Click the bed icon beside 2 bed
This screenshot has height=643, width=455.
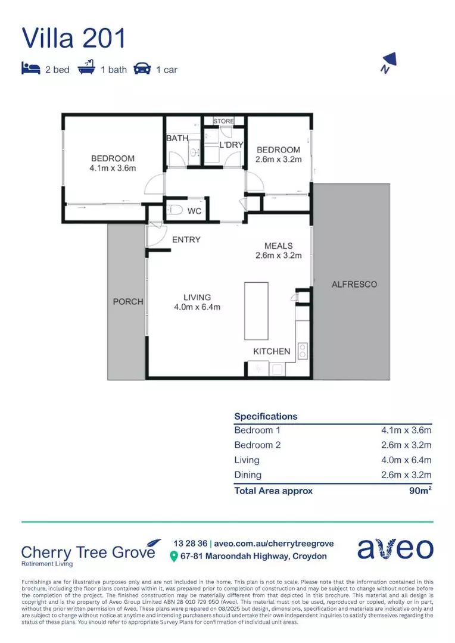point(30,69)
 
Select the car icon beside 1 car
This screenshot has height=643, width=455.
point(142,69)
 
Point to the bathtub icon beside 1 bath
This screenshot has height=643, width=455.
point(87,68)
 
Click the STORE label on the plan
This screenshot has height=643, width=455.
point(224,121)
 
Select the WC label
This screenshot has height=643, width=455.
point(194,211)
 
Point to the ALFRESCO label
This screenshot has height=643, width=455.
point(354,285)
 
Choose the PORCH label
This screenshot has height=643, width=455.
point(128,302)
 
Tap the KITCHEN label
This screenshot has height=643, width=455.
point(272,351)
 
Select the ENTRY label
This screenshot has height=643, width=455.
point(186,240)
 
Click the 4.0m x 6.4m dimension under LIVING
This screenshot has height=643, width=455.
point(197,307)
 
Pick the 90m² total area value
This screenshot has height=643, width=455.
point(419,490)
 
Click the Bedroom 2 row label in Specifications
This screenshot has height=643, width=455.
point(257,445)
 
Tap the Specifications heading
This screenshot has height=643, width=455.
point(266,416)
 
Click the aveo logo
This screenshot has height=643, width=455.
point(395,548)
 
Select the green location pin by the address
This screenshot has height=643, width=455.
point(174,557)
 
